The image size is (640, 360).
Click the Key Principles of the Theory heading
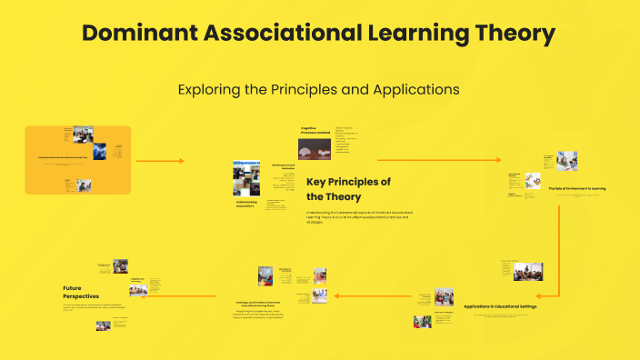pyautogui.click(x=348, y=188)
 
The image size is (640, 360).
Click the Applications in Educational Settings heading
pyautogui.click(x=500, y=306)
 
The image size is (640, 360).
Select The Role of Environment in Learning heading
pyautogui.click(x=576, y=188)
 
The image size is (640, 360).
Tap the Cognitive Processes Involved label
pyautogui.click(x=315, y=132)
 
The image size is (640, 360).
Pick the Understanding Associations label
pyautogui.click(x=245, y=205)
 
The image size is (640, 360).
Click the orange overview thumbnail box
pyautogui.click(x=78, y=160)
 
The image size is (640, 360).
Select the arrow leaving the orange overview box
pyautogui.click(x=160, y=161)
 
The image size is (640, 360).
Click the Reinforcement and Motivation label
pyautogui.click(x=283, y=166)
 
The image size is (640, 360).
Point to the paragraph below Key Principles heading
pyautogui.click(x=357, y=217)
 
